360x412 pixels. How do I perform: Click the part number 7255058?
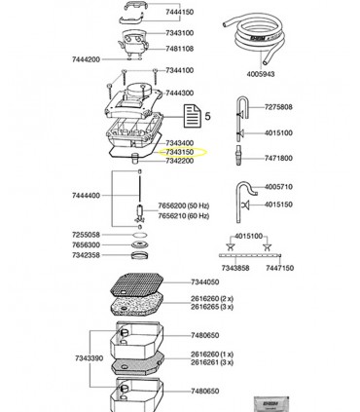[x=85, y=235]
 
